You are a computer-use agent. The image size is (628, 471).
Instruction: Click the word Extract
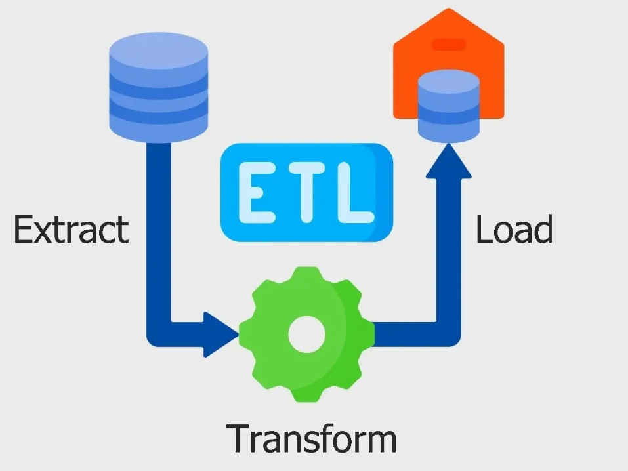(x=72, y=230)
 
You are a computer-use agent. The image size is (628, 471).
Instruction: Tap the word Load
(x=514, y=230)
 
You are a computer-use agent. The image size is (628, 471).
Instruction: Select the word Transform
(x=312, y=438)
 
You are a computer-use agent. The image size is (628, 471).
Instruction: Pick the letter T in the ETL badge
(x=304, y=191)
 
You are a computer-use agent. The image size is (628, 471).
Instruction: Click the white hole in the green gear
(x=306, y=334)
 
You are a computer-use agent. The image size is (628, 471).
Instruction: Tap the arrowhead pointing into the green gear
(x=220, y=335)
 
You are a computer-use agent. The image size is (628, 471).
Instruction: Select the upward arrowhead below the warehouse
(x=448, y=161)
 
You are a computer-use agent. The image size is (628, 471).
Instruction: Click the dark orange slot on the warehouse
(x=449, y=45)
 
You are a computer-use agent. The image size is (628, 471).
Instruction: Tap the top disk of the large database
(x=158, y=47)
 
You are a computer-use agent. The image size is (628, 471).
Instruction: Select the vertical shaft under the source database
(x=159, y=230)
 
